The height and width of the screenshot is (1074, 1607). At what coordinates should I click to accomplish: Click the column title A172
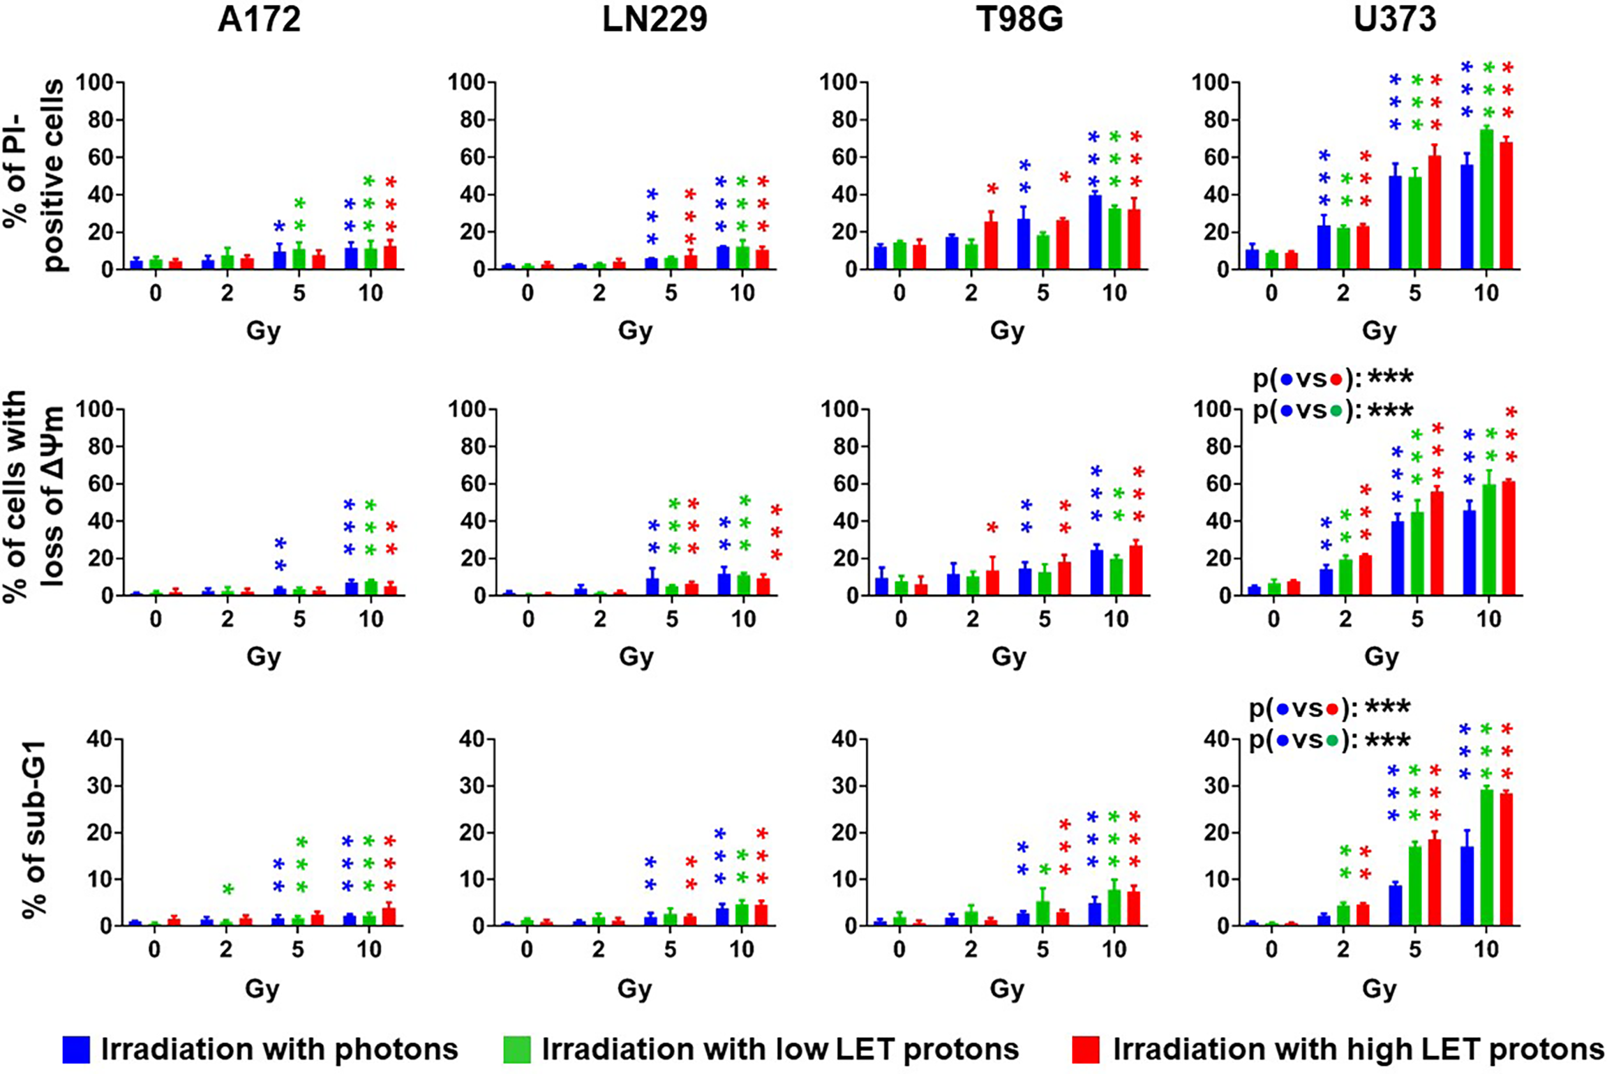pos(259,20)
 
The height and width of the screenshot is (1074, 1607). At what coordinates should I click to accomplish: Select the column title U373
pos(1394,20)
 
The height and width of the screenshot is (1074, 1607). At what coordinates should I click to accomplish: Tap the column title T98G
pos(1019,20)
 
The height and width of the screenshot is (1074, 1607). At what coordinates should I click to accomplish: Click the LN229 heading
pos(655,20)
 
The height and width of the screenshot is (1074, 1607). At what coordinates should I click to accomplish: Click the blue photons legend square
pos(76,1049)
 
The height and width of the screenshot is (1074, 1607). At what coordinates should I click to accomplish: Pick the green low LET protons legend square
pos(516,1049)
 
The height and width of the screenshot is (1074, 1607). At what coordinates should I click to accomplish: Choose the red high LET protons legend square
pos(1086,1049)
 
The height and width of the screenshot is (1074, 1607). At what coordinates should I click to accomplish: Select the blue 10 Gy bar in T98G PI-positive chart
pos(1095,234)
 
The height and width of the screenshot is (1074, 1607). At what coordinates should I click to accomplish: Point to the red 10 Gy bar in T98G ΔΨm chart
pos(1135,572)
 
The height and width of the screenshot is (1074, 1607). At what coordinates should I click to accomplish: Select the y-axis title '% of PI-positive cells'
pos(35,174)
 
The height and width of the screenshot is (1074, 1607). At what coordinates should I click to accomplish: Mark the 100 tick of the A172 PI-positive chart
pos(94,82)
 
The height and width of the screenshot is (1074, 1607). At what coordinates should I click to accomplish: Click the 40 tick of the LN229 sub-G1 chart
pos(472,739)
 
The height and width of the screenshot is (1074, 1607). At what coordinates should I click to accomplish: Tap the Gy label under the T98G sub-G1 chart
pos(1006,988)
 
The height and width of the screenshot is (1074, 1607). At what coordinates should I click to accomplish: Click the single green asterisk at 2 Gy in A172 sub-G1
pos(227,889)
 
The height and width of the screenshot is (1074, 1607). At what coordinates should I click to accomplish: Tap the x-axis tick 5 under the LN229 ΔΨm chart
pos(671,619)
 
